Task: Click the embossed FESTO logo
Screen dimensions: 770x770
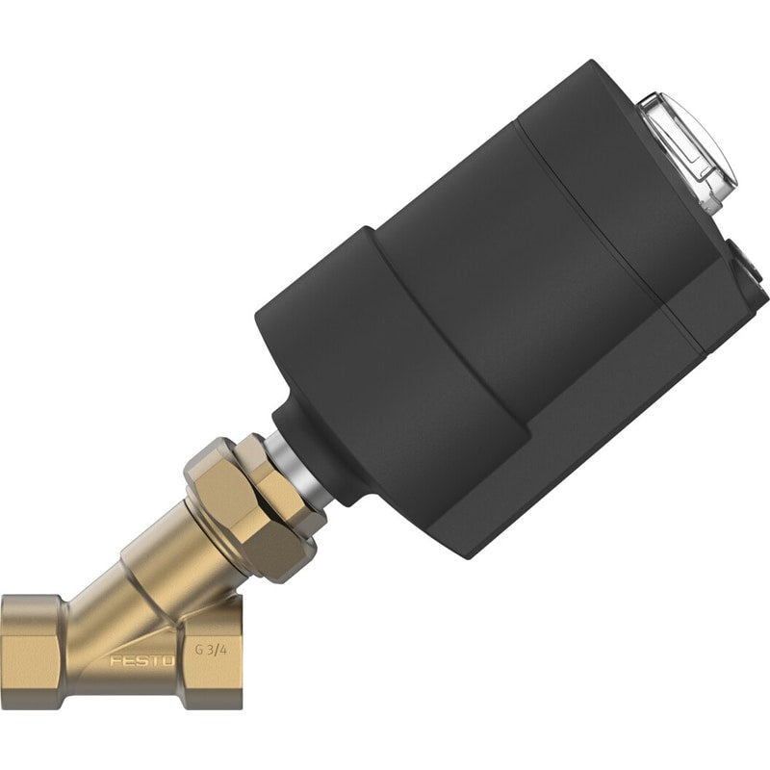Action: coord(142,661)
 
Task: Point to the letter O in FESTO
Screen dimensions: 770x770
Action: coord(168,661)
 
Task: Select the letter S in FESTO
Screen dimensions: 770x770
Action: coord(141,661)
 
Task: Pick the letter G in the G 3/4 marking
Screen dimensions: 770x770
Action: coord(199,651)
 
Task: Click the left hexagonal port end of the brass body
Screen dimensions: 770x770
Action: coord(32,651)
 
